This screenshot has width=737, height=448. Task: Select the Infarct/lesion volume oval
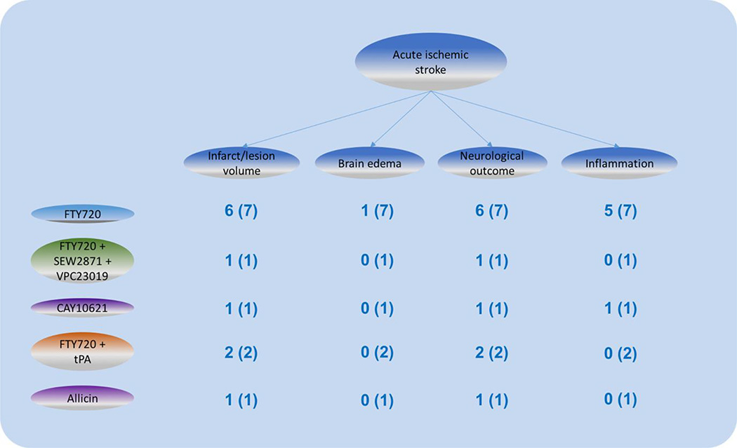click(x=241, y=163)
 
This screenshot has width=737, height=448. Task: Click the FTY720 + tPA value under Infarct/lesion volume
click(x=241, y=353)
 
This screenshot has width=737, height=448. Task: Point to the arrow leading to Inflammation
click(x=526, y=119)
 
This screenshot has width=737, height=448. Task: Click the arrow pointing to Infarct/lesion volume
click(x=337, y=119)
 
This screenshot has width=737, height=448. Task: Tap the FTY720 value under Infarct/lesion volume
click(x=241, y=212)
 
